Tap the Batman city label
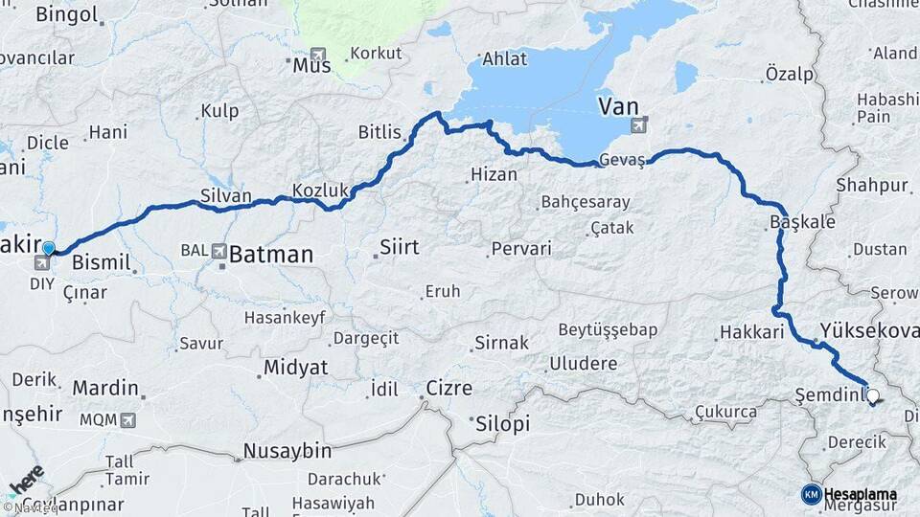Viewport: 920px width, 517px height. click(x=271, y=255)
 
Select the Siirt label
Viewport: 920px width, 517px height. click(x=399, y=248)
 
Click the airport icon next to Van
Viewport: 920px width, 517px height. click(x=639, y=124)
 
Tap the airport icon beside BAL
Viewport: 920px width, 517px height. click(x=218, y=252)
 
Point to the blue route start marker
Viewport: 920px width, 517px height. click(x=48, y=249)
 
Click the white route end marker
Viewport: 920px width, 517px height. click(x=872, y=394)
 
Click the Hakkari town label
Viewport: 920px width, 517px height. click(x=751, y=333)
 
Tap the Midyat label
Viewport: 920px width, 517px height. click(x=295, y=368)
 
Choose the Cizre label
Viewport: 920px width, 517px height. click(x=448, y=389)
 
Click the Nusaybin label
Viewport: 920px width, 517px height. click(x=287, y=451)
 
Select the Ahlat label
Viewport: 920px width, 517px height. click(x=504, y=58)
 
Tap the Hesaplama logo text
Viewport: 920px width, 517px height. click(x=860, y=494)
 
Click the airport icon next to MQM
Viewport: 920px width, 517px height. click(x=127, y=419)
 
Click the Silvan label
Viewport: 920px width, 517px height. click(x=225, y=195)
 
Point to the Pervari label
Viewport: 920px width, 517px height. click(x=520, y=249)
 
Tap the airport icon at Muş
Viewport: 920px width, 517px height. click(x=317, y=56)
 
